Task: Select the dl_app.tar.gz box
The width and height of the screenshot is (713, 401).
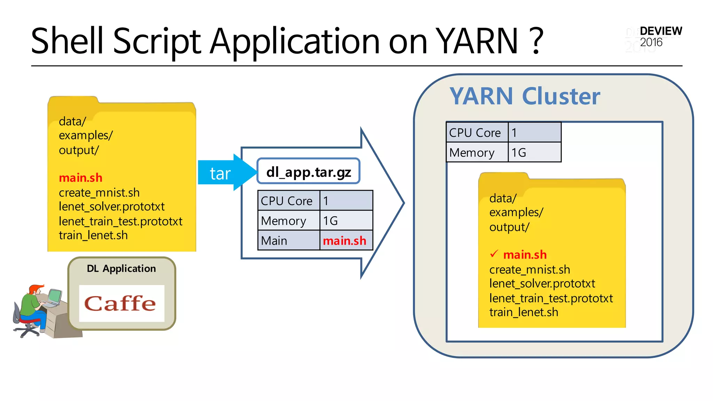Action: [308, 171]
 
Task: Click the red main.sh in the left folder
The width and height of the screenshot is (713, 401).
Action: [80, 178]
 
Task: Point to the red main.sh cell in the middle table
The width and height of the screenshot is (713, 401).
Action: [345, 241]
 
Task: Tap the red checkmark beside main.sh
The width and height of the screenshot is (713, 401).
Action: [494, 254]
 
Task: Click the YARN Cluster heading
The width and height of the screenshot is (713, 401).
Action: [525, 96]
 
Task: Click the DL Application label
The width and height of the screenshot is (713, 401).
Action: [121, 268]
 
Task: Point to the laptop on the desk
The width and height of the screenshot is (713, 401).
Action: [54, 298]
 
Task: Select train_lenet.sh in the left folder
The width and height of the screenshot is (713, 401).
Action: [93, 235]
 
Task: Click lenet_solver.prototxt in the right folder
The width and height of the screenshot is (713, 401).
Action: [542, 284]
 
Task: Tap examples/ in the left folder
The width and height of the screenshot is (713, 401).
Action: [86, 135]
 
